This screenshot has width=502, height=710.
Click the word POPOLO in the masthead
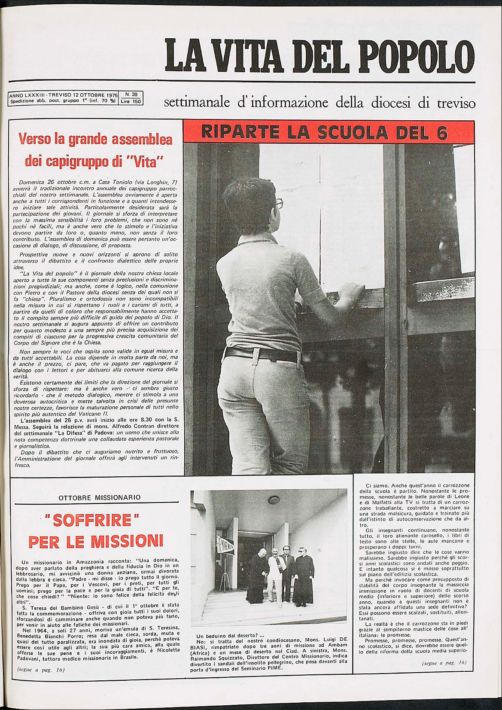tap(416, 56)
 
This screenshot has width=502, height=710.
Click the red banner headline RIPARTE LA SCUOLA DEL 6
tap(329, 132)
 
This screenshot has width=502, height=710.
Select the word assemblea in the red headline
tap(142, 140)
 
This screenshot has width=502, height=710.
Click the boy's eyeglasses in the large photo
tap(280, 203)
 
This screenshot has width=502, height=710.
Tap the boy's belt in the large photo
tap(262, 354)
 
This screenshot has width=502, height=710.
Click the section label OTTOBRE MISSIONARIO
tap(99, 498)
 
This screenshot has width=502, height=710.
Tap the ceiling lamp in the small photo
tap(274, 500)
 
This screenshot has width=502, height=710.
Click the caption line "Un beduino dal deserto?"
tap(230, 636)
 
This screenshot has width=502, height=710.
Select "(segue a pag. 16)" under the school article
tap(444, 663)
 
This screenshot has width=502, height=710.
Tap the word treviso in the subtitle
tap(456, 104)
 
